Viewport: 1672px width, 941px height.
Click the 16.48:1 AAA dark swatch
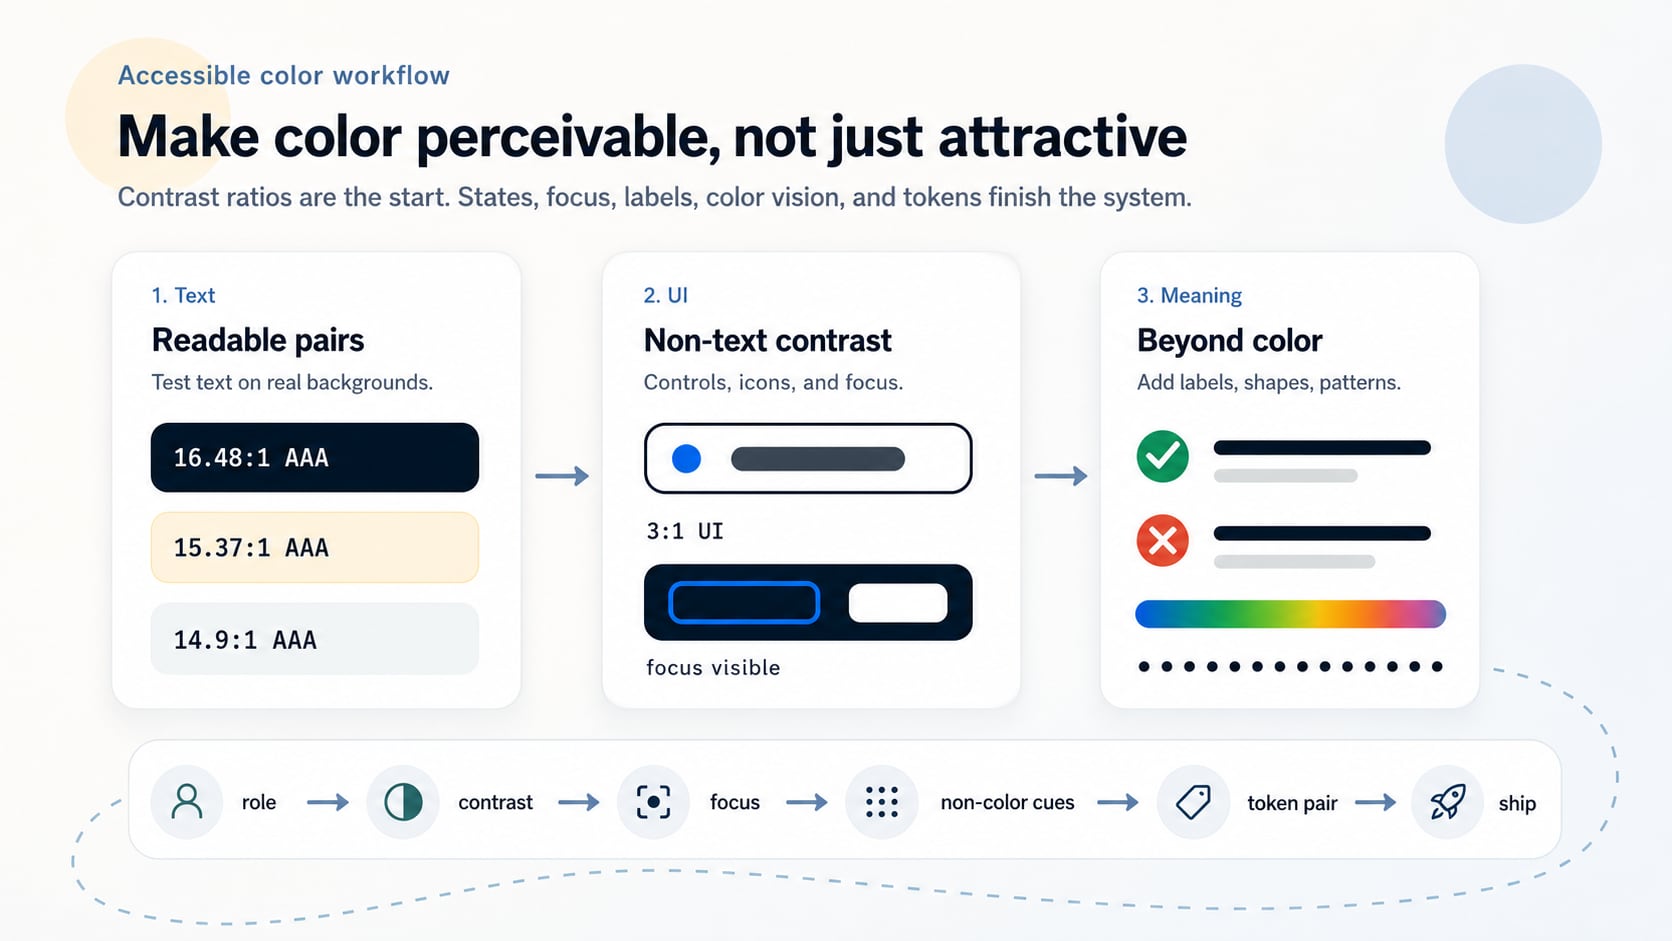[x=314, y=457]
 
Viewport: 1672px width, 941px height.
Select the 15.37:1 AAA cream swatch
[x=314, y=547]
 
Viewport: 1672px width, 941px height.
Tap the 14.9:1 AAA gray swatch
[x=314, y=639]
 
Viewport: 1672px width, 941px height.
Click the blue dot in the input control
[x=686, y=458]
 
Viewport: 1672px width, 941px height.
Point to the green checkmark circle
[x=1162, y=456]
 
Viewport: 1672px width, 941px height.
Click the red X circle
[x=1162, y=540]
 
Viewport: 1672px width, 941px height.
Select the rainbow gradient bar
[x=1290, y=613]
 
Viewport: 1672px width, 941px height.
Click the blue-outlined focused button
[x=743, y=602]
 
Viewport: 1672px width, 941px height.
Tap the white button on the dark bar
[x=898, y=602]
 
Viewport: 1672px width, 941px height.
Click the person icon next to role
[x=187, y=802]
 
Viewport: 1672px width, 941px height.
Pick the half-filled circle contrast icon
[x=403, y=802]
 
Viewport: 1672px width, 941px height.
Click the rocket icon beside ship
[x=1447, y=802]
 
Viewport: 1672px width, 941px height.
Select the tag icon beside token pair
[x=1193, y=802]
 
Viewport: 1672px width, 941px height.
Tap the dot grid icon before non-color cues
[x=882, y=802]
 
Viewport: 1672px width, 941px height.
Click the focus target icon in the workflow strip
[x=653, y=802]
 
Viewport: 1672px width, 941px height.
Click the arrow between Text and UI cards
[x=562, y=475]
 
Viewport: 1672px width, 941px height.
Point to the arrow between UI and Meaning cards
[x=1061, y=475]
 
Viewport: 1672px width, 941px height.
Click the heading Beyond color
[x=1229, y=340]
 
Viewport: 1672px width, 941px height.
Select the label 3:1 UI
[x=684, y=531]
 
